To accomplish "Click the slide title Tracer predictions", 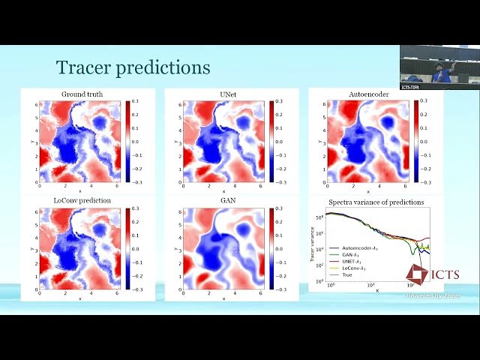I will [x=133, y=68].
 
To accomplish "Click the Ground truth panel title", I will [x=82, y=94].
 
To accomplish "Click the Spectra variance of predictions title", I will [x=376, y=202].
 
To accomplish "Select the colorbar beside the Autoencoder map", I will [x=413, y=140].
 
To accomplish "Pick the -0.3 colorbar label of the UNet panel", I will [x=282, y=181].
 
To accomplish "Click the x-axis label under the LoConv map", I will [x=79, y=298].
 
